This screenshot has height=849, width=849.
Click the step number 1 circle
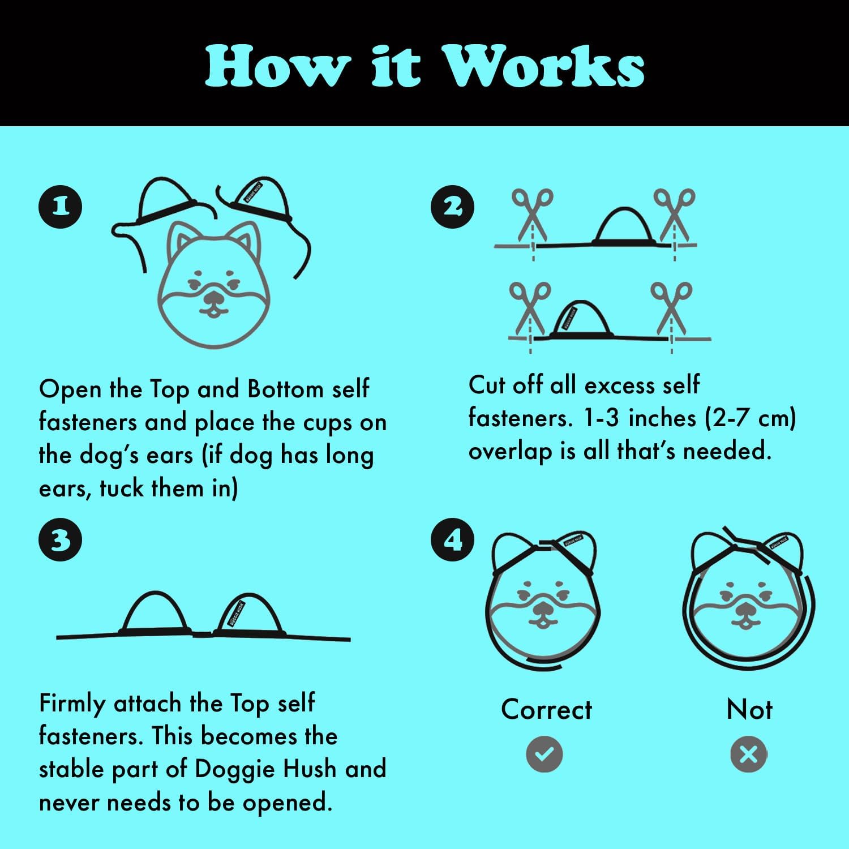click(60, 206)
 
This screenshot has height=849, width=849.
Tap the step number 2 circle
click(453, 207)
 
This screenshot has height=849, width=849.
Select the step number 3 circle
click(60, 540)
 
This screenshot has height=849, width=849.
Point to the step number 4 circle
click(453, 540)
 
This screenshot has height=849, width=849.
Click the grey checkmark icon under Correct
click(544, 754)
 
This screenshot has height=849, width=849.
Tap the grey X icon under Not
click(748, 754)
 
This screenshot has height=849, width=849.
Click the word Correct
click(546, 710)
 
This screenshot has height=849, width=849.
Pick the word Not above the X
click(749, 709)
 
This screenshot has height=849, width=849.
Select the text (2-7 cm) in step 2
click(751, 419)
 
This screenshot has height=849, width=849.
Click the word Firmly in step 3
click(72, 704)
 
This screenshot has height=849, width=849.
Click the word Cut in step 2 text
click(487, 385)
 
